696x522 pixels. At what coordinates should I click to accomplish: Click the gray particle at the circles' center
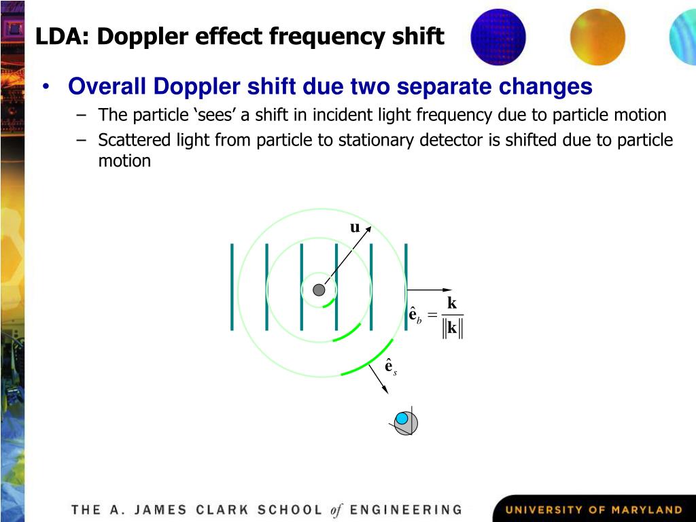[x=319, y=290]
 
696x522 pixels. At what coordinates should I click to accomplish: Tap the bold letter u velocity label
[x=355, y=228]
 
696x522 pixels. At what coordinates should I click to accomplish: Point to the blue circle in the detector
[x=402, y=418]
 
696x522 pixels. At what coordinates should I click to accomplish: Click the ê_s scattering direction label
[x=390, y=367]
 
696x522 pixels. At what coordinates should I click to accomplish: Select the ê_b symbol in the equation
[x=415, y=316]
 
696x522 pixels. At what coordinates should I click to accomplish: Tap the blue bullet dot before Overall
[x=45, y=87]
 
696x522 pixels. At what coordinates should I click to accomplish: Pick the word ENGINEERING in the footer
[x=405, y=510]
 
